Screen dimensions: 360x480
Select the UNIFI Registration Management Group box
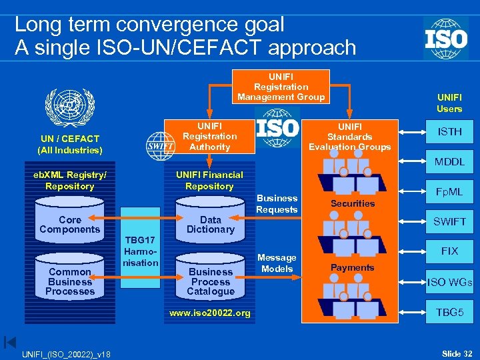click(281, 87)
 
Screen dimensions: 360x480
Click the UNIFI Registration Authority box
click(209, 137)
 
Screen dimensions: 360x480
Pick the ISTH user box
click(450, 132)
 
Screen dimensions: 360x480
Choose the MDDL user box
click(450, 162)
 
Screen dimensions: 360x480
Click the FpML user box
click(450, 191)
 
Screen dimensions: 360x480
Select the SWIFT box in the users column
click(450, 221)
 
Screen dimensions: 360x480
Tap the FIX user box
click(450, 251)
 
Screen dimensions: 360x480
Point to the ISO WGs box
click(450, 281)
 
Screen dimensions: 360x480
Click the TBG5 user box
click(450, 311)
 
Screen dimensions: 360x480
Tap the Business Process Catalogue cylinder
click(210, 280)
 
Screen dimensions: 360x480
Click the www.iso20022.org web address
click(210, 313)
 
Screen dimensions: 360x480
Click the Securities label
click(353, 203)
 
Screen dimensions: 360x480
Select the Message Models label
click(277, 263)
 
